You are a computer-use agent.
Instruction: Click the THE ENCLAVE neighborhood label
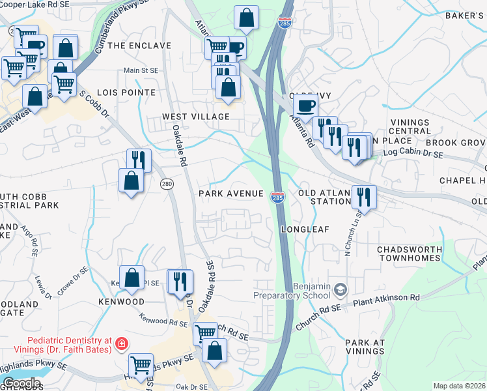pyautogui.click(x=139, y=46)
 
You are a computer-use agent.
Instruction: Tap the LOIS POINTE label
pyautogui.click(x=126, y=93)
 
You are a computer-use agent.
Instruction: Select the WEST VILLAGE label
pyautogui.click(x=196, y=116)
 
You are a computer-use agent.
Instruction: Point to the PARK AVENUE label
pyautogui.click(x=231, y=194)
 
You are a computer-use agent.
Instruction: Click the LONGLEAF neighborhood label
pyautogui.click(x=306, y=229)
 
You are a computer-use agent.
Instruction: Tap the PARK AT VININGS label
pyautogui.click(x=365, y=347)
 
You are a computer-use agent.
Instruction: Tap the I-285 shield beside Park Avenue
pyautogui.click(x=277, y=197)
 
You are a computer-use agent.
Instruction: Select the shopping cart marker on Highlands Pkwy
pyautogui.click(x=141, y=365)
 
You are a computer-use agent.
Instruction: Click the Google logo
pyautogui.click(x=21, y=383)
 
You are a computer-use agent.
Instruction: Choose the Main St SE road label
pyautogui.click(x=141, y=70)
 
